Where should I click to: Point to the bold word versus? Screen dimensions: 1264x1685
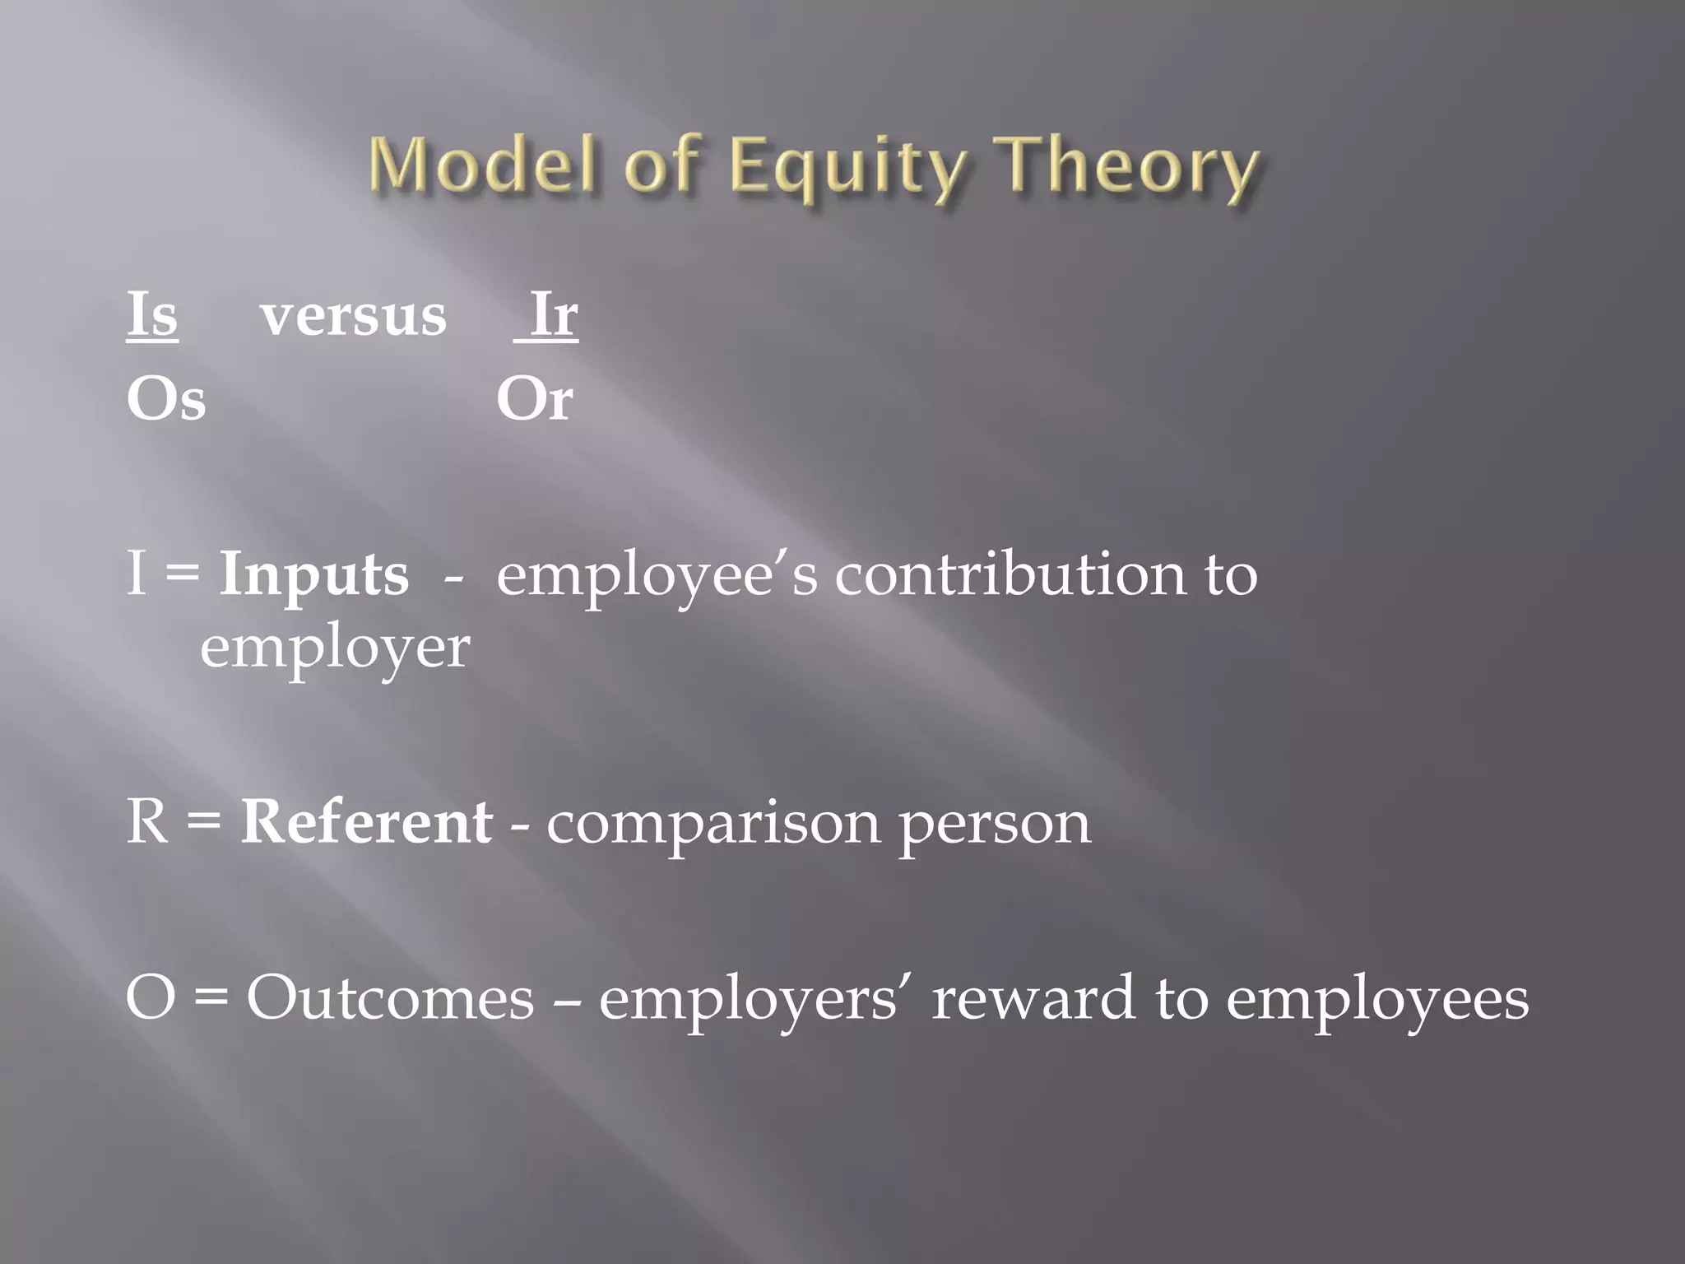[354, 317]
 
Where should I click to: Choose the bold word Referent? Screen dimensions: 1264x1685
[367, 822]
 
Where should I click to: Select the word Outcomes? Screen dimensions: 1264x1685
[391, 998]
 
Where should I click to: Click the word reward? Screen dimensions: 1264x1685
[1033, 998]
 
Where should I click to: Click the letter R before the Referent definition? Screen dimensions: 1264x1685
[148, 822]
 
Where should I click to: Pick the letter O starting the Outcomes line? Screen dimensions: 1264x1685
[151, 998]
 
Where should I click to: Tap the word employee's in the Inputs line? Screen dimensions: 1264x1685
[657, 576]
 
